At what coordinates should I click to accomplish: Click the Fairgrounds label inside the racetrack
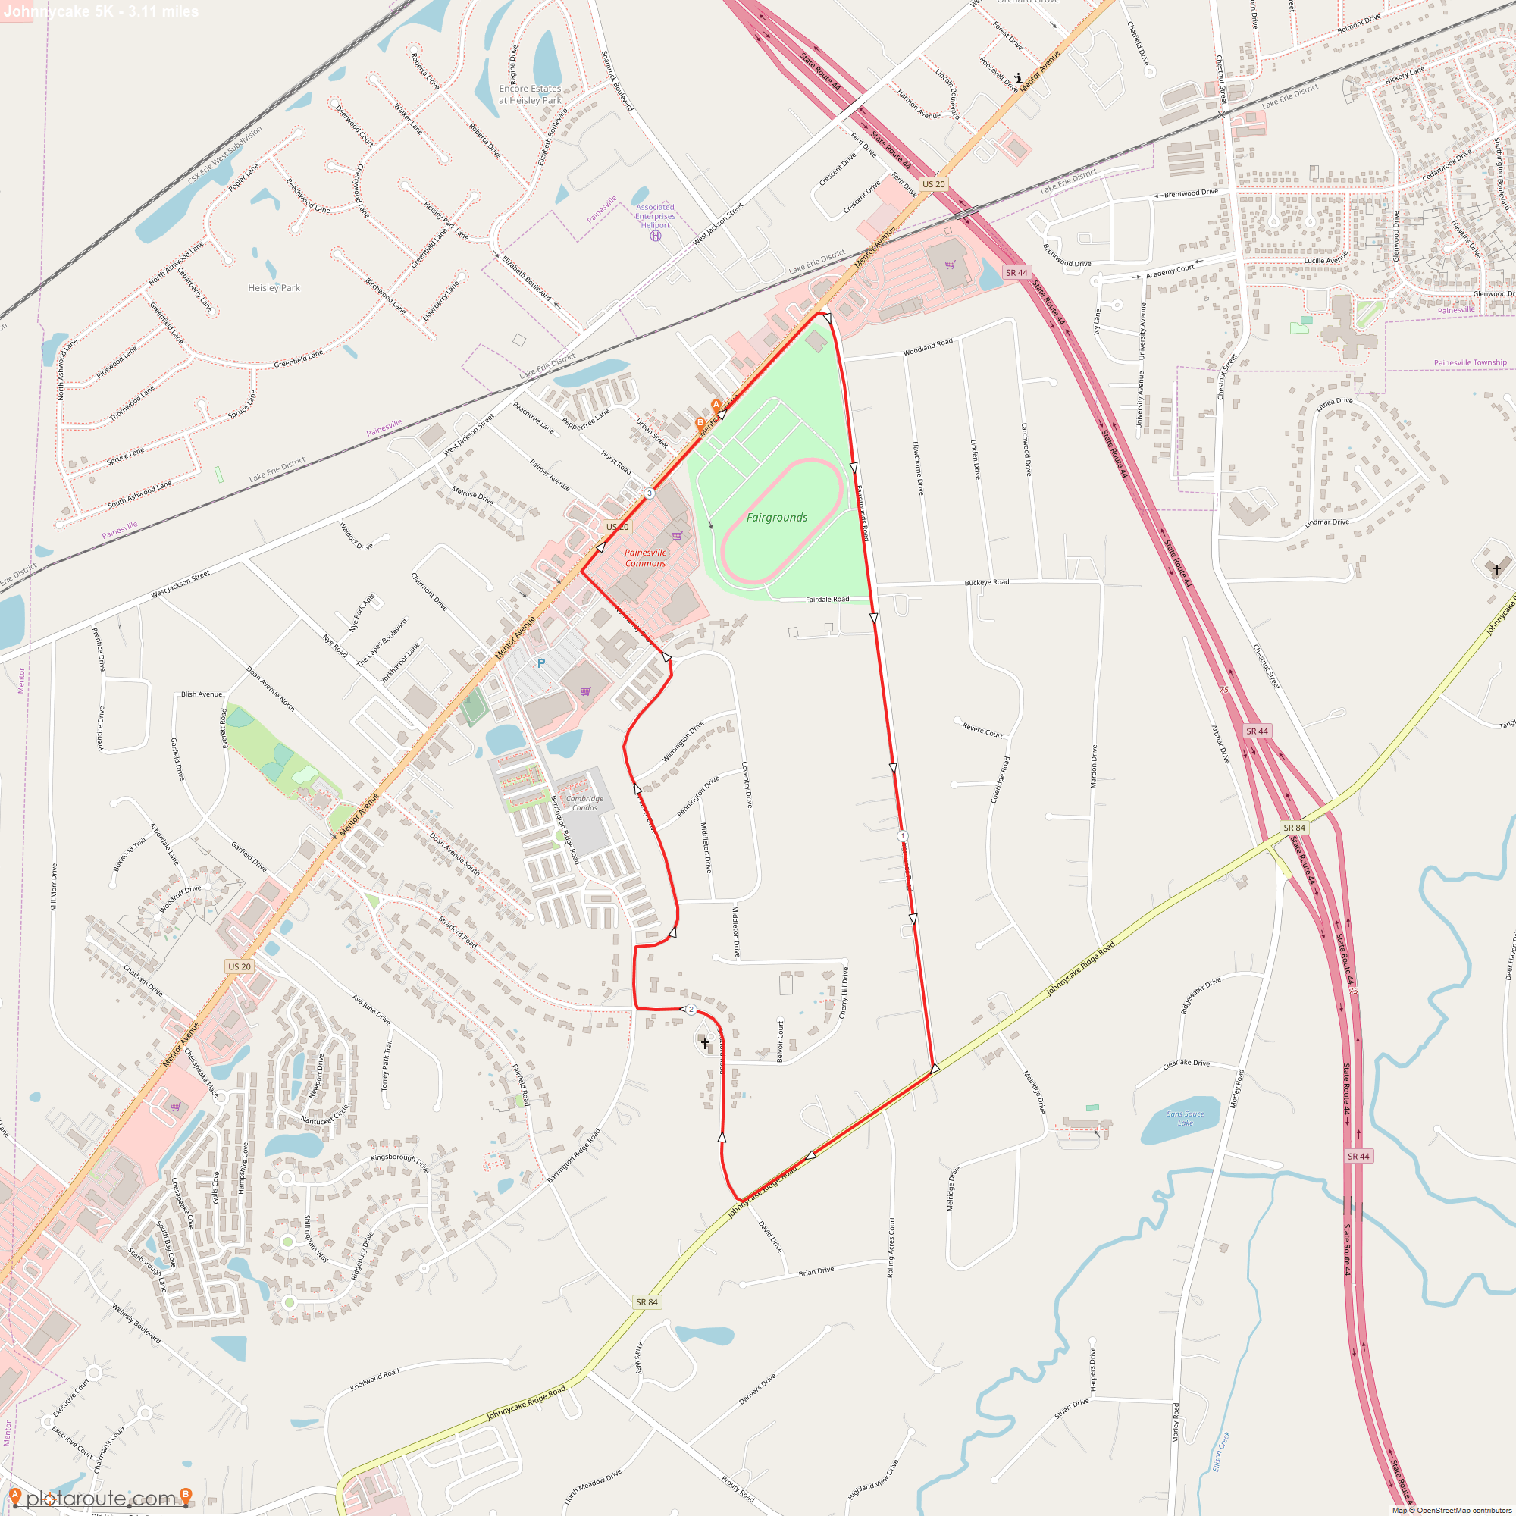pos(776,518)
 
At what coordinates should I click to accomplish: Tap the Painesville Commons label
pos(645,558)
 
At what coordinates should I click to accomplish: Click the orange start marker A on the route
pos(716,405)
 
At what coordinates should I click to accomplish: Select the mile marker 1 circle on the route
pos(902,837)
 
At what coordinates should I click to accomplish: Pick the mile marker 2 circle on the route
pos(691,1010)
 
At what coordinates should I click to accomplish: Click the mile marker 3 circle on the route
pos(649,493)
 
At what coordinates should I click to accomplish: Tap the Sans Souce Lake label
pos(1185,1118)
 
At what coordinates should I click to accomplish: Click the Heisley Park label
pos(274,288)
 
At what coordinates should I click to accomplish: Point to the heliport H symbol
pos(655,236)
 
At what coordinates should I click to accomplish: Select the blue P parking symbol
pos(540,664)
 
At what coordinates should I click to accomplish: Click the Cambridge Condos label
pos(584,803)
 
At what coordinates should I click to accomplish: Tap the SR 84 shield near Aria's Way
pos(647,1302)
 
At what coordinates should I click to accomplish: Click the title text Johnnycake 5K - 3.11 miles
pos(101,11)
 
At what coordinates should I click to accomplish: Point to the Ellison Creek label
pos(1221,1452)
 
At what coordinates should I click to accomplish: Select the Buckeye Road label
pos(986,582)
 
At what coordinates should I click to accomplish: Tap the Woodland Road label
pos(928,347)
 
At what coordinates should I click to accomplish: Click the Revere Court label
pos(982,730)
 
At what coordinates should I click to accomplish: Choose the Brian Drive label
pos(816,1272)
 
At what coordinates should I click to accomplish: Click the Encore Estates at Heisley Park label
pos(531,94)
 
